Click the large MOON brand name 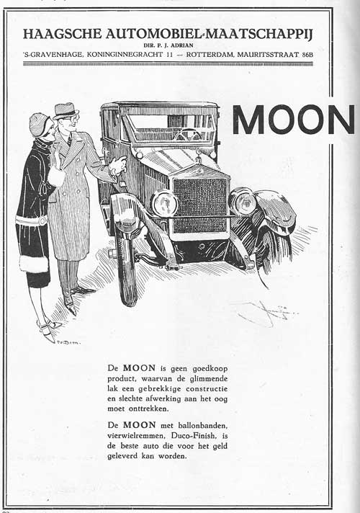294,119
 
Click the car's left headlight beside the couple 165,203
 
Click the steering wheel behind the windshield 189,134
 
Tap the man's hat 66,110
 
